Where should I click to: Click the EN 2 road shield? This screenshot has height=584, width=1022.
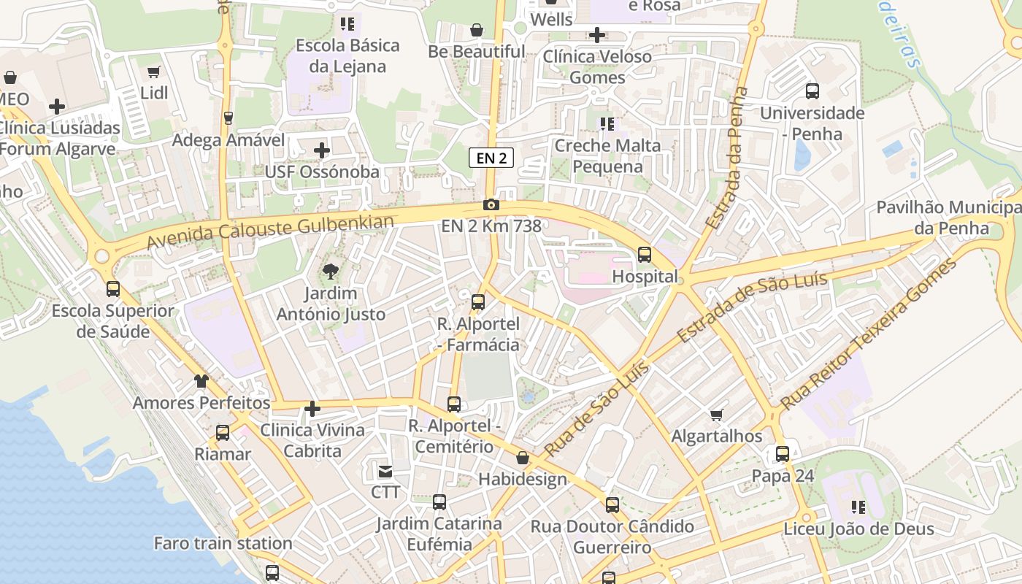coord(491,158)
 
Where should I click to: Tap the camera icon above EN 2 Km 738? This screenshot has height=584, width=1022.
coord(491,204)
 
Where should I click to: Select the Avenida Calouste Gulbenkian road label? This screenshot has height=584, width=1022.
coord(271,231)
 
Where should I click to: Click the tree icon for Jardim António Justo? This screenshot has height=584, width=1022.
coord(330,272)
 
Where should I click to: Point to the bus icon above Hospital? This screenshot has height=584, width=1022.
coord(644,255)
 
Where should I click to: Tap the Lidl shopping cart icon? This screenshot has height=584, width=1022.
coord(153,72)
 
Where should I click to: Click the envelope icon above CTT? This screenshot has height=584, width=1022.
coord(385,471)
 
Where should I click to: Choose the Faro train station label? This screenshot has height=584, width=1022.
coord(223,543)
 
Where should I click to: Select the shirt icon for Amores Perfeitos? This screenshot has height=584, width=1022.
coord(201,381)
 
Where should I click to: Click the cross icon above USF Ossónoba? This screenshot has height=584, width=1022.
coord(321,150)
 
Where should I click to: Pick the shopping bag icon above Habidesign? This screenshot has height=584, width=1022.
coord(522,458)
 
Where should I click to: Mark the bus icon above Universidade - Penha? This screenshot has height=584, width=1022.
coord(812,91)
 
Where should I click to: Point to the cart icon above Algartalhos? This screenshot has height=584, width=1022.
coord(716,415)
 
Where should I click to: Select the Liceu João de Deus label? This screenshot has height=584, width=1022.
coord(858,529)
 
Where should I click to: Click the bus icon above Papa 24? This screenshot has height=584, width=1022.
coord(782,454)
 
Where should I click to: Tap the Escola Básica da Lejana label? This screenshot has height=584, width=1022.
coord(347,55)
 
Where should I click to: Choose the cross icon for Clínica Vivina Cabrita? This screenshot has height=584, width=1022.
coord(312,409)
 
